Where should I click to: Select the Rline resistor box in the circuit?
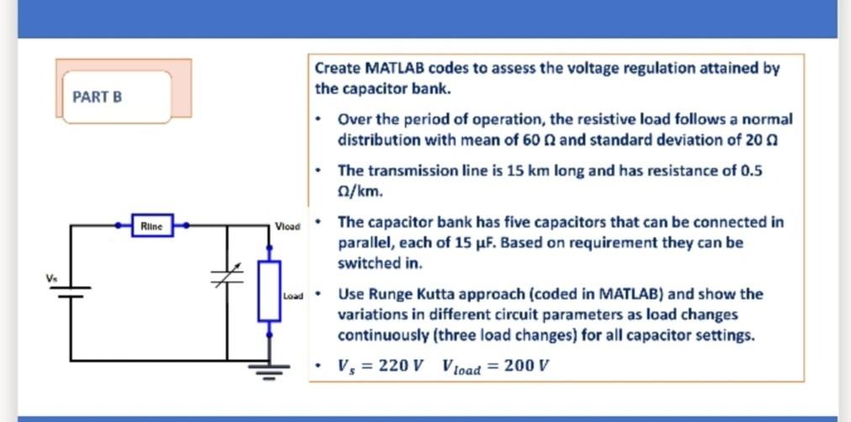click(x=152, y=225)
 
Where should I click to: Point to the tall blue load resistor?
click(x=269, y=290)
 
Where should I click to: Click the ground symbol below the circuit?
click(x=269, y=370)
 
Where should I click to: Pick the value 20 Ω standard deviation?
click(x=764, y=140)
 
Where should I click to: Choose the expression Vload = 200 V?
click(x=496, y=367)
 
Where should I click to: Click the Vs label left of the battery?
click(x=51, y=277)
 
